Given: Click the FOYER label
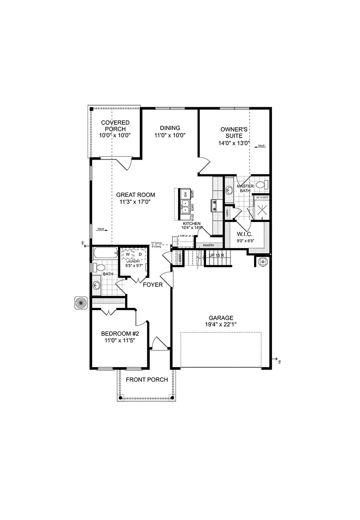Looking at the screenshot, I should point(153,285).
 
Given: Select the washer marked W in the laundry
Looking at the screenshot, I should point(128,254).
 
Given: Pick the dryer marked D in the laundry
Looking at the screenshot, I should point(140,254).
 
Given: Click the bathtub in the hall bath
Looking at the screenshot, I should point(105,253).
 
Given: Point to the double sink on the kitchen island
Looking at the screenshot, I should point(185,207).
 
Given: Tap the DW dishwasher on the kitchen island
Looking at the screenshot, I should point(185,194).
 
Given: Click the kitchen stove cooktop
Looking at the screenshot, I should point(215,206).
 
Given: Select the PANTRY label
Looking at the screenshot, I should point(208,245).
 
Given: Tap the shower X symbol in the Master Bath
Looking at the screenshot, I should point(262,208).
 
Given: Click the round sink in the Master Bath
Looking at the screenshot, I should point(229,189).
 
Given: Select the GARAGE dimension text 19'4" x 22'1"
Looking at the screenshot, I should point(220,325).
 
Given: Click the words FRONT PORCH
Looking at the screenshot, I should point(147,380).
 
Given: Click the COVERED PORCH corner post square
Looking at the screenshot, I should point(92,109).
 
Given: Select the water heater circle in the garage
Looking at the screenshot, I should point(262,261).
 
